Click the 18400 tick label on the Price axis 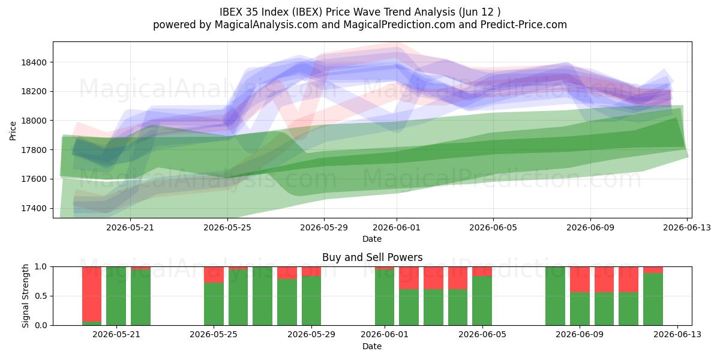click(x=34, y=62)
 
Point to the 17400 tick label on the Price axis click(x=34, y=208)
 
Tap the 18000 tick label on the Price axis click(x=34, y=121)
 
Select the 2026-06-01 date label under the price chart click(x=397, y=227)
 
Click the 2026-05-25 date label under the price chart click(x=227, y=227)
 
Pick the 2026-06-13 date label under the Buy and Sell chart click(x=677, y=335)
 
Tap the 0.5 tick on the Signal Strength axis click(x=40, y=296)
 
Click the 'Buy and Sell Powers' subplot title click(x=372, y=257)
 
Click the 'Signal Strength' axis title click(x=25, y=296)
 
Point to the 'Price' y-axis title click(x=13, y=131)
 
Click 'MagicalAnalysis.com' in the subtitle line click(x=266, y=25)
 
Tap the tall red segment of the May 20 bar click(x=92, y=294)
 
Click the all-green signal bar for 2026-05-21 click(x=116, y=296)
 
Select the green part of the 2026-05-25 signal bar click(x=214, y=304)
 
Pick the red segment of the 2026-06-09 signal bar click(x=580, y=280)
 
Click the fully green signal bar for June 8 click(x=555, y=296)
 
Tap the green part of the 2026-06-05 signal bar click(x=482, y=301)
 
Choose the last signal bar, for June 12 click(x=653, y=296)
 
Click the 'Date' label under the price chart click(x=372, y=239)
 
